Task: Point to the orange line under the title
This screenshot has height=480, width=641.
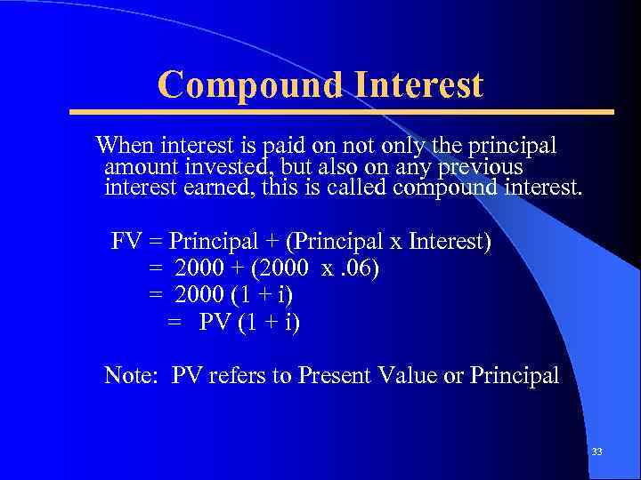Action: [342, 112]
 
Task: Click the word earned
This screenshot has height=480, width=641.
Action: [212, 188]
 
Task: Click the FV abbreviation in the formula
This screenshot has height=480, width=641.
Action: [127, 242]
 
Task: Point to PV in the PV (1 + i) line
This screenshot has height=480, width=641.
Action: [214, 321]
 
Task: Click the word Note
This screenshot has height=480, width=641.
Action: [130, 375]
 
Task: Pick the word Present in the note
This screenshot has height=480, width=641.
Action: [330, 375]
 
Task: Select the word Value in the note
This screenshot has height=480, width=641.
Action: [406, 375]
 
